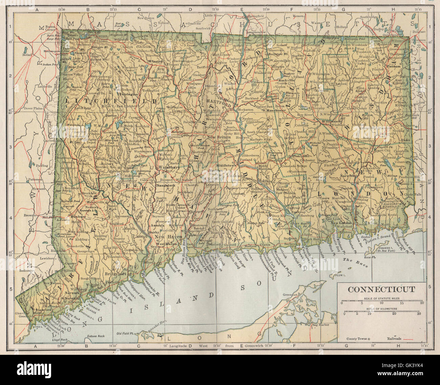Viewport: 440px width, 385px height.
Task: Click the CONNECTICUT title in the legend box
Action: pos(381,289)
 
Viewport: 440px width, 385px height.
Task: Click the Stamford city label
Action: pos(42,310)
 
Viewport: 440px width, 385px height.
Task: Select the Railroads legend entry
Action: pos(393,339)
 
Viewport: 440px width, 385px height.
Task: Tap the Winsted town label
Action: pos(157,61)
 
